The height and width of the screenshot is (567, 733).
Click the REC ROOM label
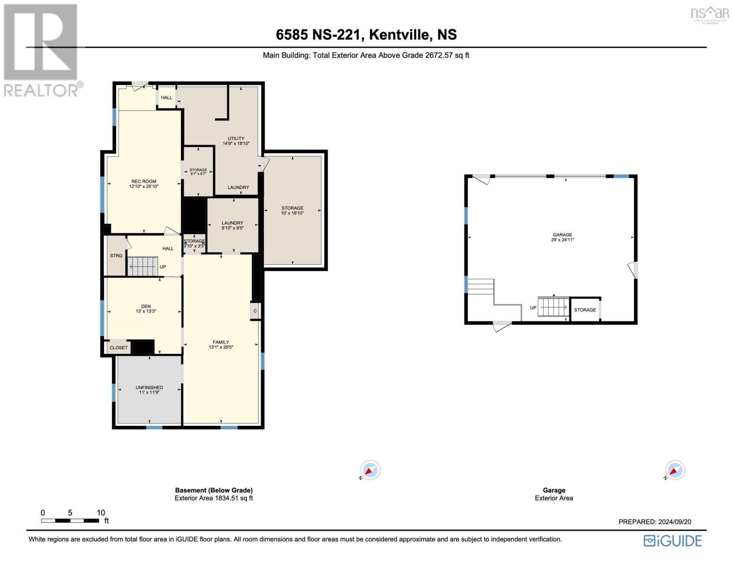(x=143, y=181)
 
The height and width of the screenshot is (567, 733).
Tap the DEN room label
(x=146, y=306)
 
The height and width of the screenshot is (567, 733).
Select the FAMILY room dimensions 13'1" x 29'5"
(x=221, y=347)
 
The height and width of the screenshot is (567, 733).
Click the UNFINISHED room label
(x=150, y=387)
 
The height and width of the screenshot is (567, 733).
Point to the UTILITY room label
(x=236, y=138)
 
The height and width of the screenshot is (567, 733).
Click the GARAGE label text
(x=563, y=235)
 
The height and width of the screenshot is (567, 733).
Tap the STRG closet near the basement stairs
(x=116, y=256)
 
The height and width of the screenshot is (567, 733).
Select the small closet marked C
(x=255, y=311)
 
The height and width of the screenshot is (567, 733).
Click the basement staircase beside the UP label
(x=143, y=266)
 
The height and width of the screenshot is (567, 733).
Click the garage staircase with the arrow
(x=554, y=308)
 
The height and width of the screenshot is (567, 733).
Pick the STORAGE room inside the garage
(x=585, y=310)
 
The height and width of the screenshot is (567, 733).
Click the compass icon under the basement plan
(x=370, y=470)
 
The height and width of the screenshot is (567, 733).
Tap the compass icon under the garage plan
(x=675, y=470)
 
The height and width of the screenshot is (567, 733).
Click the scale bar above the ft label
(x=70, y=521)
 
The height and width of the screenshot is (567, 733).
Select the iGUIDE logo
(x=673, y=541)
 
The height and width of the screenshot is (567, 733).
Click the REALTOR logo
(x=42, y=50)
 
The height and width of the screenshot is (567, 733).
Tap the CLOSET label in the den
(x=118, y=348)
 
